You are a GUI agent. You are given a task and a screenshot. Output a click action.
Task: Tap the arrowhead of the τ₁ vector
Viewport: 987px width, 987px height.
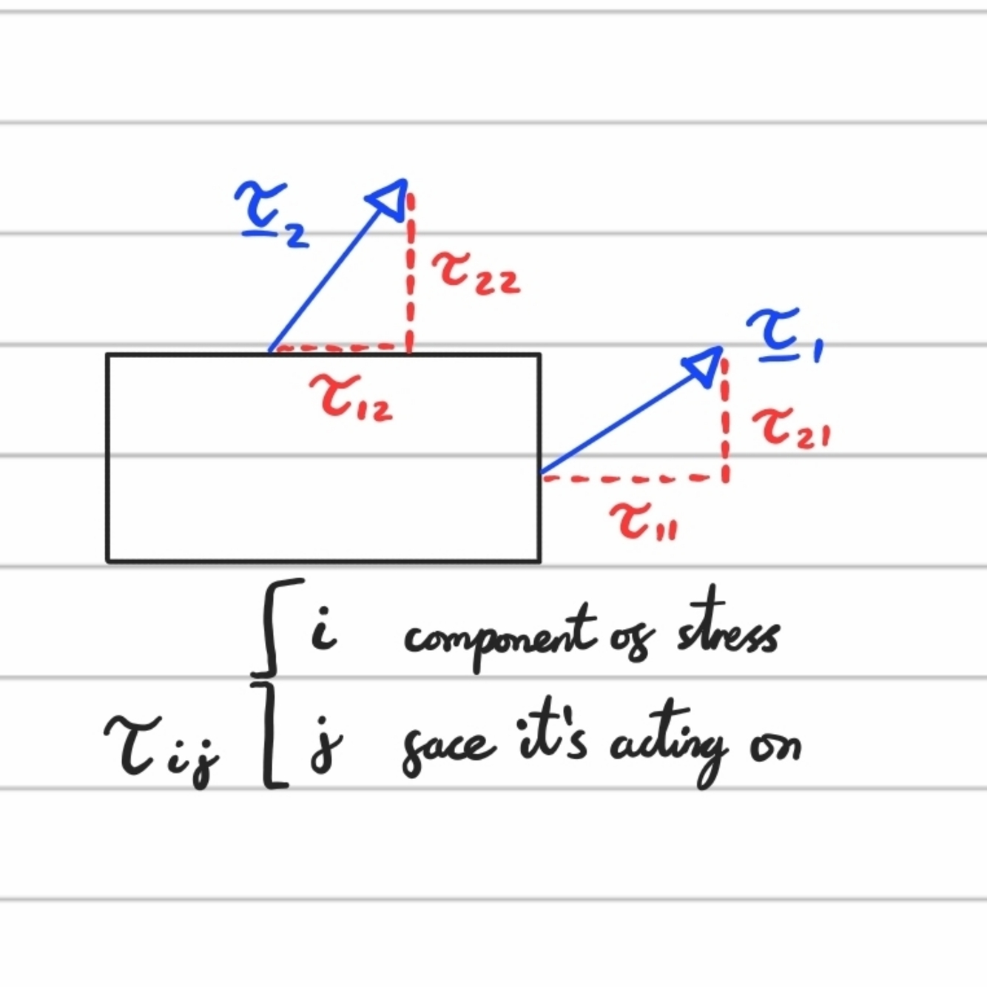pos(705,363)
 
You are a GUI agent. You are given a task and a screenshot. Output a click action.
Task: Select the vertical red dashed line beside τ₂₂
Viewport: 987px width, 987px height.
pos(410,274)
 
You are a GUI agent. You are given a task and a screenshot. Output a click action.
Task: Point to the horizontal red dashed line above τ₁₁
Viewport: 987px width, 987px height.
pos(633,479)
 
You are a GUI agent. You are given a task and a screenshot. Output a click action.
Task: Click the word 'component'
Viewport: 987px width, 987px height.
pos(499,636)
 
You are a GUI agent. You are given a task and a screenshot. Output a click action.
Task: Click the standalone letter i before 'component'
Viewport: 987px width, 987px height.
pos(323,630)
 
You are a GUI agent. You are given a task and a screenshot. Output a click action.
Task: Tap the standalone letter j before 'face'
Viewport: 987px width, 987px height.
pos(326,744)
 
